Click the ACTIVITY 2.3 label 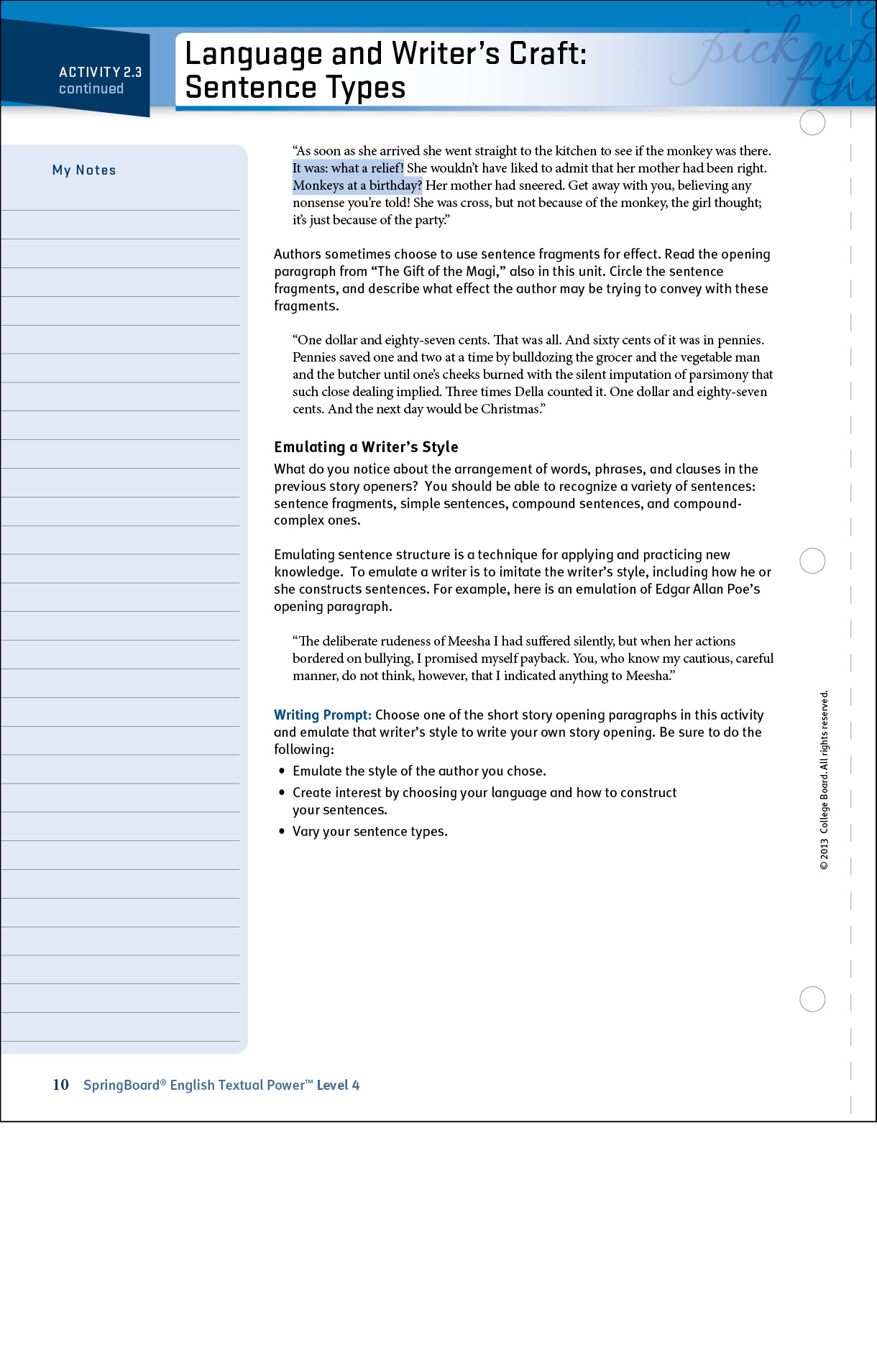pyautogui.click(x=100, y=72)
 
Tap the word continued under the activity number pyautogui.click(x=91, y=88)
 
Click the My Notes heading pyautogui.click(x=84, y=170)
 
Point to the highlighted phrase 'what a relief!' pyautogui.click(x=367, y=168)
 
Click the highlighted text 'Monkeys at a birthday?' pyautogui.click(x=357, y=185)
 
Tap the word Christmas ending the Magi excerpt pyautogui.click(x=510, y=409)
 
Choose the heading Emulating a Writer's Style pyautogui.click(x=366, y=447)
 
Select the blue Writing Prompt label pyautogui.click(x=322, y=715)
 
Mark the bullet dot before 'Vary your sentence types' pyautogui.click(x=282, y=831)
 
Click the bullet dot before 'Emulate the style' pyautogui.click(x=282, y=771)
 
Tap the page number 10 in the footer pyautogui.click(x=60, y=1085)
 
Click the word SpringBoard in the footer pyautogui.click(x=121, y=1085)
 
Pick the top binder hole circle pyautogui.click(x=812, y=123)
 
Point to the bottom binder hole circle pyautogui.click(x=812, y=999)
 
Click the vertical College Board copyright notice pyautogui.click(x=824, y=780)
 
